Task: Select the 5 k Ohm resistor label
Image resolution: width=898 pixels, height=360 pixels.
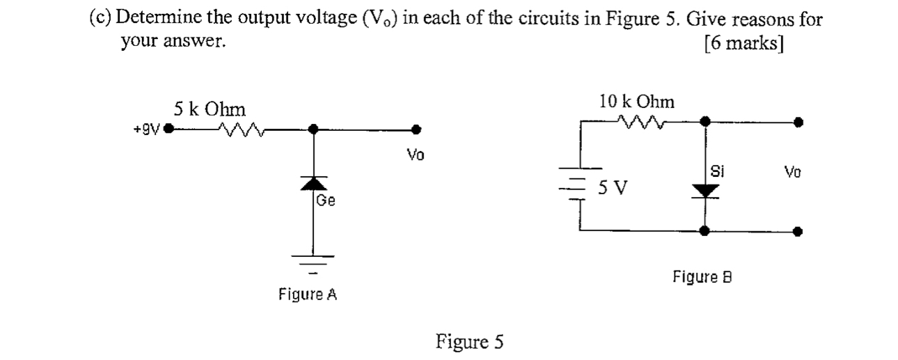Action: coord(209,109)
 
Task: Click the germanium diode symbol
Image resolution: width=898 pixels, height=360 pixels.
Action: coord(313,182)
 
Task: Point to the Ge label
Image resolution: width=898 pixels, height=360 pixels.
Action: coord(326,201)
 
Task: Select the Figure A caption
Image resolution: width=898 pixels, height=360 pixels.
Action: coord(308,295)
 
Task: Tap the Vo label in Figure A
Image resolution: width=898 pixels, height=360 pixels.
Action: coord(415,155)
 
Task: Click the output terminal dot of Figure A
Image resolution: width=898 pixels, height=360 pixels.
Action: coord(416,129)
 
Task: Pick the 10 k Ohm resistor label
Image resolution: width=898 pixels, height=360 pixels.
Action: coord(636,102)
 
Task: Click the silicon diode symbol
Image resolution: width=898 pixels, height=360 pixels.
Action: coord(706,188)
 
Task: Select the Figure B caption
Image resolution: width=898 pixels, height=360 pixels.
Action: coord(704,277)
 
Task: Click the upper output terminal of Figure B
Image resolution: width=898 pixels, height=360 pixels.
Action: coord(799,122)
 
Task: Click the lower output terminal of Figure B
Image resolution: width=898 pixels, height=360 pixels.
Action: coord(799,231)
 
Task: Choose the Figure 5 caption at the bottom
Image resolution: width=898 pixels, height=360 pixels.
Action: coord(468,342)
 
